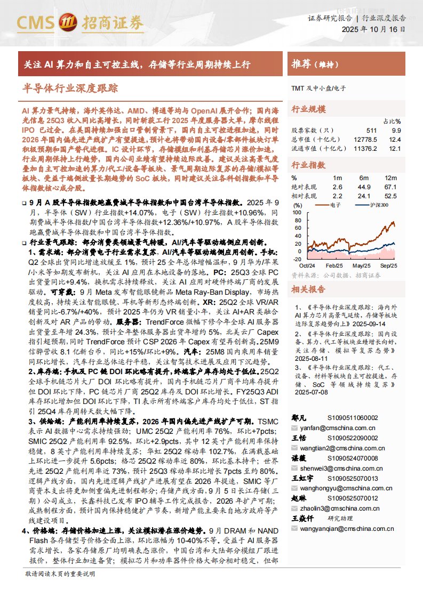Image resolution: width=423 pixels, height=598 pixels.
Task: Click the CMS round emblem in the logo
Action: [x=68, y=22]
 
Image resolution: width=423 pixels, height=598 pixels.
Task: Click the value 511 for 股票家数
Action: [x=371, y=130]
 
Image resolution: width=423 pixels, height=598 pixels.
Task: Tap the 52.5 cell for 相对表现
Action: [x=391, y=196]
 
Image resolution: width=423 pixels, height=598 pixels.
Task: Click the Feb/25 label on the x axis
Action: [x=334, y=265]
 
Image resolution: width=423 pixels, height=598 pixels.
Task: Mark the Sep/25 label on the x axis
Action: [x=388, y=265]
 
